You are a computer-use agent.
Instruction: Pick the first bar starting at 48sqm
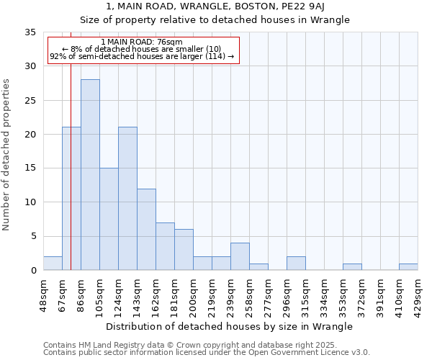(x=53, y=264)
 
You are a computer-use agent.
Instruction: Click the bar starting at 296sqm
(x=296, y=264)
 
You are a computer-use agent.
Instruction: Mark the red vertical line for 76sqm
(x=71, y=180)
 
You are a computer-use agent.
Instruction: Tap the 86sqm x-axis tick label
(x=81, y=292)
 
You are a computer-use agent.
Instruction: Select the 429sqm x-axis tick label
(x=418, y=292)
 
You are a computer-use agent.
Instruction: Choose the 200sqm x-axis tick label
(x=193, y=292)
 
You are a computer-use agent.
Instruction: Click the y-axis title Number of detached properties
(x=7, y=155)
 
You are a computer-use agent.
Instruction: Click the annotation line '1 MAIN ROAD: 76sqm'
(x=142, y=42)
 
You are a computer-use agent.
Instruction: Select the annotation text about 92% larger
(x=142, y=56)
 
